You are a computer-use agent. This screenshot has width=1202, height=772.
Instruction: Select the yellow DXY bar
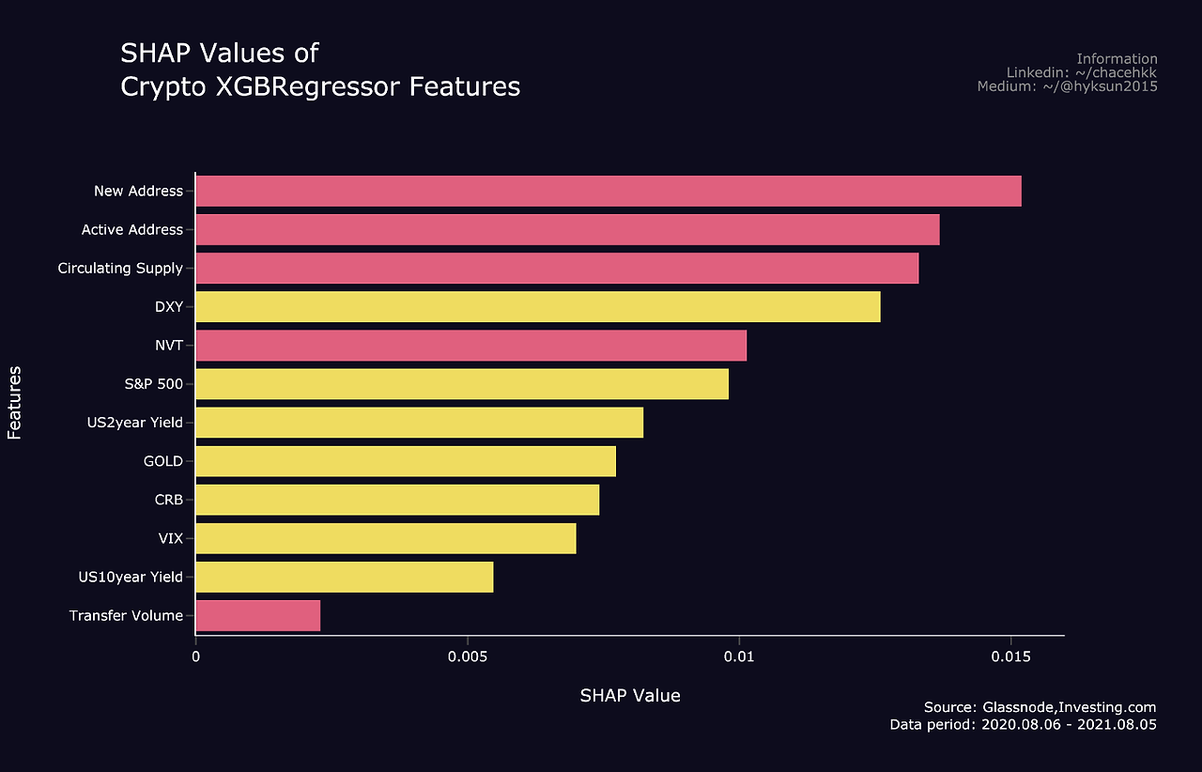(x=537, y=307)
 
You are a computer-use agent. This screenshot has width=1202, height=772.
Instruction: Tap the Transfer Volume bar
(x=257, y=616)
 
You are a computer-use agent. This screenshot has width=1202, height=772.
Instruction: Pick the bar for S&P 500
(x=461, y=384)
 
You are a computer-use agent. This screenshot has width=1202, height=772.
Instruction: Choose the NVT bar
(x=470, y=346)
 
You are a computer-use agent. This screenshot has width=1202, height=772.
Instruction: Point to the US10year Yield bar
(x=344, y=578)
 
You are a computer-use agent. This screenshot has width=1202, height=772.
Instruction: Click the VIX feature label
(x=170, y=539)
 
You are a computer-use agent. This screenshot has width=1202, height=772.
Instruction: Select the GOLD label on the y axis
(x=162, y=461)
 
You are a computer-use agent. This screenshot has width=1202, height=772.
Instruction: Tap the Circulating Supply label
(x=120, y=269)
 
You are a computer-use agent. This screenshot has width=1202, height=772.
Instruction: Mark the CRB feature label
(x=168, y=501)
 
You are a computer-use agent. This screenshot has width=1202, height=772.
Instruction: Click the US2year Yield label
(x=134, y=423)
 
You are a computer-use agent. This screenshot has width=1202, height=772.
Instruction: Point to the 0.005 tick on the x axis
(x=467, y=657)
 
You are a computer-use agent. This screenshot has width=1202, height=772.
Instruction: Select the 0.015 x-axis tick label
(x=1010, y=657)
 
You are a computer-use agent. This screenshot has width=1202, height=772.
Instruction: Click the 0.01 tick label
(x=739, y=657)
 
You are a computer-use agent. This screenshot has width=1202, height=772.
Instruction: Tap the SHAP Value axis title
(x=629, y=696)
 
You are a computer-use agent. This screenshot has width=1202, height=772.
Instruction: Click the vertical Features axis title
(x=14, y=403)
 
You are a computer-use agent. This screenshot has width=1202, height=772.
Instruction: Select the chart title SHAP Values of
(x=220, y=53)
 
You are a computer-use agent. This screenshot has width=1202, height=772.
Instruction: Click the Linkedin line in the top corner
(x=1082, y=72)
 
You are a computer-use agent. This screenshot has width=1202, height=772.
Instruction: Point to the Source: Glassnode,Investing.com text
(x=1040, y=707)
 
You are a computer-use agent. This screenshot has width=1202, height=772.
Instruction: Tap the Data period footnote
(x=1023, y=725)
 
